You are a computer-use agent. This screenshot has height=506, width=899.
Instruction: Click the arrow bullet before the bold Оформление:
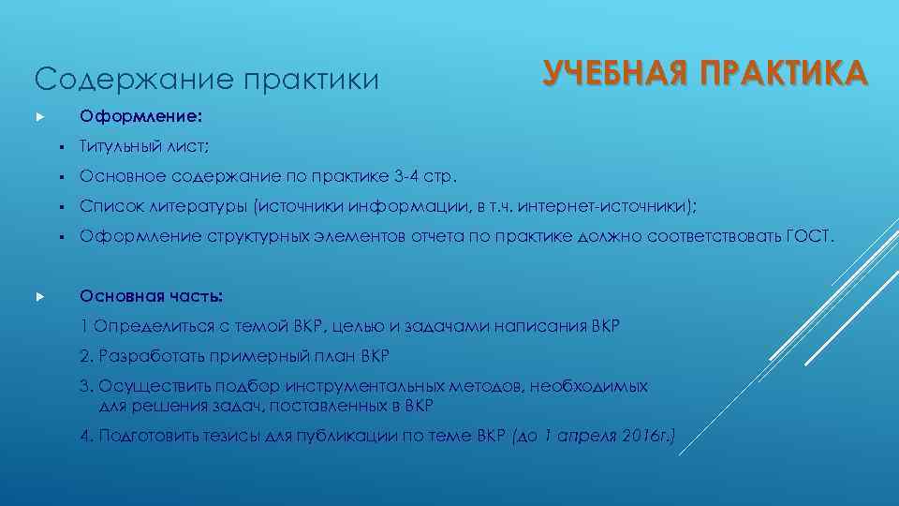point(39,119)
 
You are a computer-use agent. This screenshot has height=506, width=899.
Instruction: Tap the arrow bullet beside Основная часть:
point(39,297)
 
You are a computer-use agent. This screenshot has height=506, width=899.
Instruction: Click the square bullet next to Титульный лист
point(58,147)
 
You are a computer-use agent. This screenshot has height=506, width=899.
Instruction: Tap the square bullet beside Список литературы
point(58,207)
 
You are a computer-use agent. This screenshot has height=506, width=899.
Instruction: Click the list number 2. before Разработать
point(87,356)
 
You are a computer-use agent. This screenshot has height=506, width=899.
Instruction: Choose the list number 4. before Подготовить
point(87,436)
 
